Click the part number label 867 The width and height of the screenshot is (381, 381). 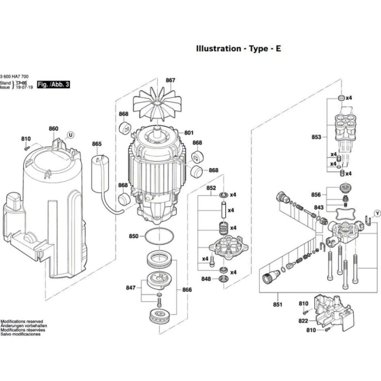[170, 80]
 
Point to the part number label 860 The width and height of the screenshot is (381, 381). [54, 129]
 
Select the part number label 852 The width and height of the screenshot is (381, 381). [211, 187]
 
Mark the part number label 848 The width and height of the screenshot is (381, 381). [205, 279]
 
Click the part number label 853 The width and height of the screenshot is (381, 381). [316, 137]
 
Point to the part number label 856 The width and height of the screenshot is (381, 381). [316, 194]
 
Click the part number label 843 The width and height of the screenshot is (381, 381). [318, 207]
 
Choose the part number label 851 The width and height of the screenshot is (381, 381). [277, 305]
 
